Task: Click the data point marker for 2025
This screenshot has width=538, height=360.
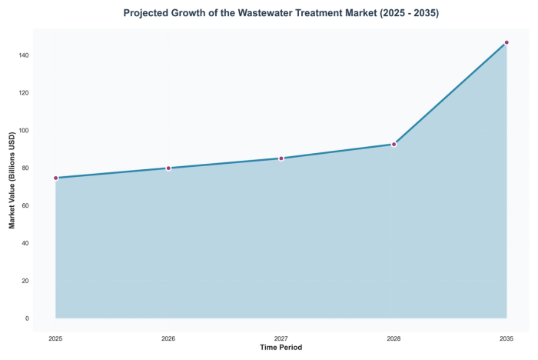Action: [55, 178]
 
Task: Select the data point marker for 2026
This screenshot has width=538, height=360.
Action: [168, 168]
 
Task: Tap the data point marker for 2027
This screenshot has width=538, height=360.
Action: [281, 158]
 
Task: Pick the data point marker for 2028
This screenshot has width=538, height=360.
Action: [394, 145]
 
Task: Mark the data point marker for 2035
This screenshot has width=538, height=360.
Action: [506, 42]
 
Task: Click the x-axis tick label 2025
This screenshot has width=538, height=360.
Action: [55, 338]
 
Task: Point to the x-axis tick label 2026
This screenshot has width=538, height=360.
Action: [168, 338]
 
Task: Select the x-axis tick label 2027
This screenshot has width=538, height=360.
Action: [281, 338]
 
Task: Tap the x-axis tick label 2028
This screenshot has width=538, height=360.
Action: [394, 338]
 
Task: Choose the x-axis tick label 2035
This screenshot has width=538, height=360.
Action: [506, 338]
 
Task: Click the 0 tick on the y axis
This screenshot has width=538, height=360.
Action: [27, 318]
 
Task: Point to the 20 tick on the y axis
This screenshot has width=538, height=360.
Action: [25, 281]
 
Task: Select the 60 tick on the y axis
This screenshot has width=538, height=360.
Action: [25, 205]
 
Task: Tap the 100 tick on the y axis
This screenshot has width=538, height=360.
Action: [23, 131]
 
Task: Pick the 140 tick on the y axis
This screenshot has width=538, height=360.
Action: [23, 55]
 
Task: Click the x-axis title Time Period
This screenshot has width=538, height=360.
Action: [281, 348]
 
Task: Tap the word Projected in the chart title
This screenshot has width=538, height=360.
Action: [150, 14]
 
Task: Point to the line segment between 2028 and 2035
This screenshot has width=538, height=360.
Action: [450, 93]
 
